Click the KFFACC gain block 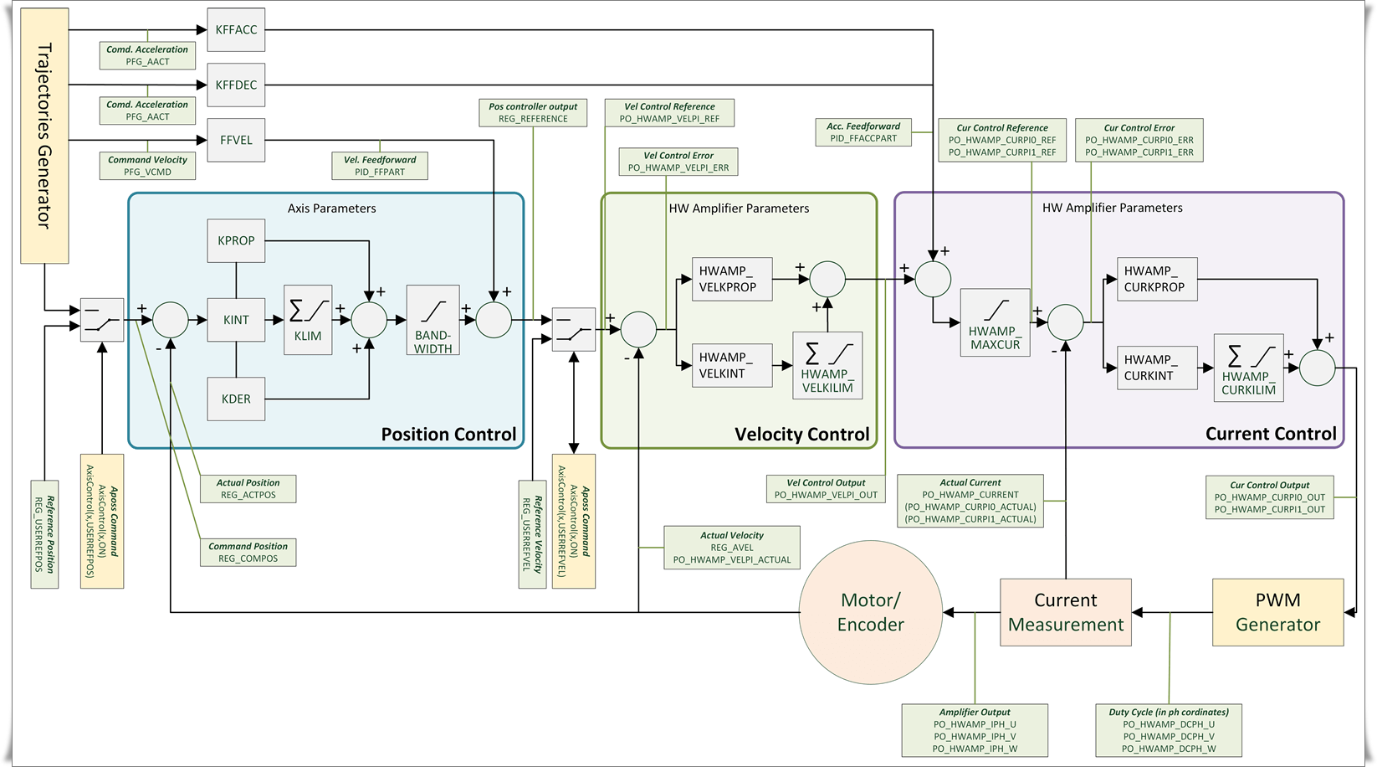tap(236, 30)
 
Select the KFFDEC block tap(236, 85)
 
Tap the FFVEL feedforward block tap(236, 140)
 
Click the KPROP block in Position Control tap(236, 240)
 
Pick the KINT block tap(236, 319)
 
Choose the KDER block tap(236, 399)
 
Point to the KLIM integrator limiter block tap(308, 320)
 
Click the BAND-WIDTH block tap(433, 320)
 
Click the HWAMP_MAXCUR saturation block tap(995, 322)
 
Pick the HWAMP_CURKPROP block tap(1157, 279)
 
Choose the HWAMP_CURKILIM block tap(1248, 368)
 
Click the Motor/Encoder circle tap(871, 612)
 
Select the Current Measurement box tap(1066, 612)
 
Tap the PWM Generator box tap(1277, 612)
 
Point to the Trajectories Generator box tap(44, 136)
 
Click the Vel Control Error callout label tap(678, 162)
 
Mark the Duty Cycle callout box tap(1169, 730)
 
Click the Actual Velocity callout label tap(732, 548)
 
